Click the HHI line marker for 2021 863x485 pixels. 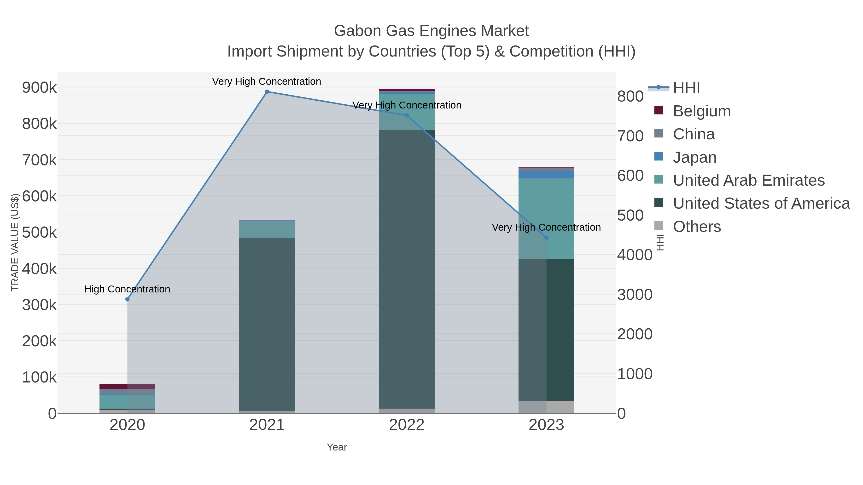pyautogui.click(x=267, y=92)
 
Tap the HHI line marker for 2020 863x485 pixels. pyautogui.click(x=127, y=299)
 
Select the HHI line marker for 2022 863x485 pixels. pyautogui.click(x=407, y=115)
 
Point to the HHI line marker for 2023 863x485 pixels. pyautogui.click(x=546, y=238)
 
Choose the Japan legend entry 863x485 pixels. pyautogui.click(x=694, y=157)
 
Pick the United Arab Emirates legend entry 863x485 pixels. pyautogui.click(x=748, y=180)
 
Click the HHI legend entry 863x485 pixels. pyautogui.click(x=686, y=88)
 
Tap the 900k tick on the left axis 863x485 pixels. pyautogui.click(x=39, y=88)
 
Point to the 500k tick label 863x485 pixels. pyautogui.click(x=39, y=232)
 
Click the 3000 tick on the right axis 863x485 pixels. pyautogui.click(x=635, y=295)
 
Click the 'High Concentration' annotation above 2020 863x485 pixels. pyautogui.click(x=127, y=289)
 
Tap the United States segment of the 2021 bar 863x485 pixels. pyautogui.click(x=267, y=325)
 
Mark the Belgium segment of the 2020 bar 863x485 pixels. pyautogui.click(x=127, y=386)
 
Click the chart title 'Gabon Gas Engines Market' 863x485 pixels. pyautogui.click(x=431, y=31)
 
